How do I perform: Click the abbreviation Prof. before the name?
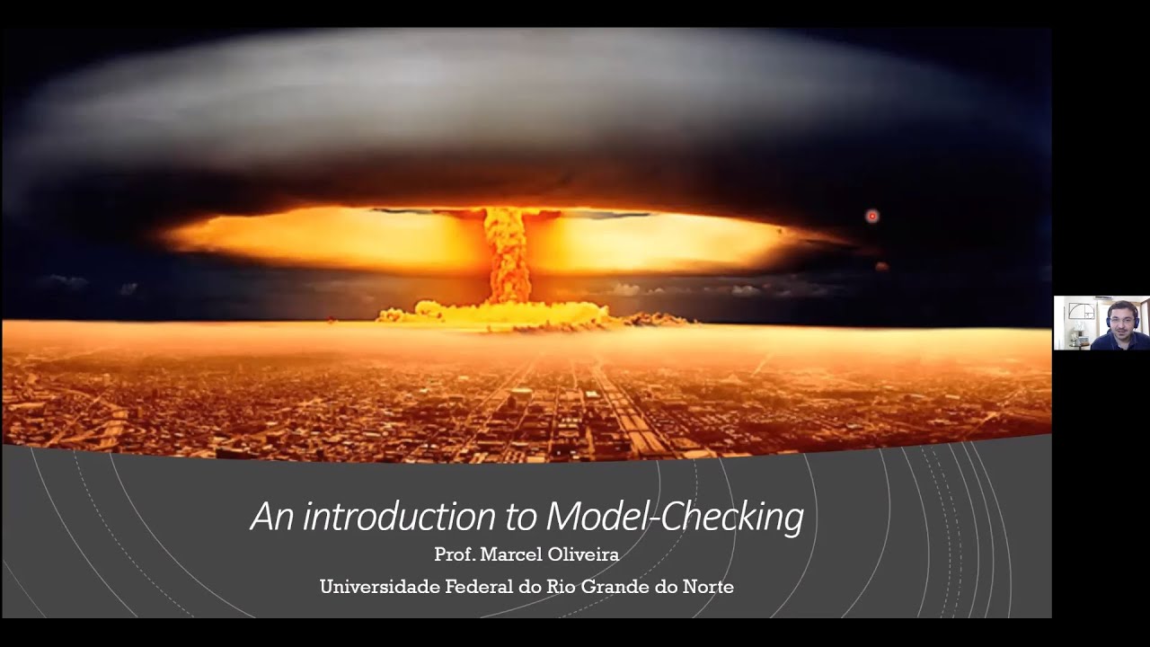coord(454,555)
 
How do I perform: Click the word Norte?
coord(708,588)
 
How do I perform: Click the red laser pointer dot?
coord(871,216)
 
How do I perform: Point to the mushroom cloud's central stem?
coord(509,256)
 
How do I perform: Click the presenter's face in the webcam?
coord(1119,318)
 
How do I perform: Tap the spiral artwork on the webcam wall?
coord(1082,311)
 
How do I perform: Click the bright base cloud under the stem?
coord(494,314)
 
